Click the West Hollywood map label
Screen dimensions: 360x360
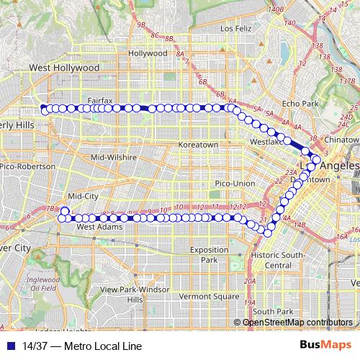pyautogui.click(x=63, y=67)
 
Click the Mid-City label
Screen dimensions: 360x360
pyautogui.click(x=81, y=196)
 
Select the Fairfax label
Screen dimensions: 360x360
pyautogui.click(x=100, y=100)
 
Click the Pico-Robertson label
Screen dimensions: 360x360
pyautogui.click(x=27, y=166)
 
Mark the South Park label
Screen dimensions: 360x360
pyautogui.click(x=273, y=311)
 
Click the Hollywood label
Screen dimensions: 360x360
pyautogui.click(x=147, y=53)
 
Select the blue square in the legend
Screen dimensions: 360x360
pyautogui.click(x=11, y=346)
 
